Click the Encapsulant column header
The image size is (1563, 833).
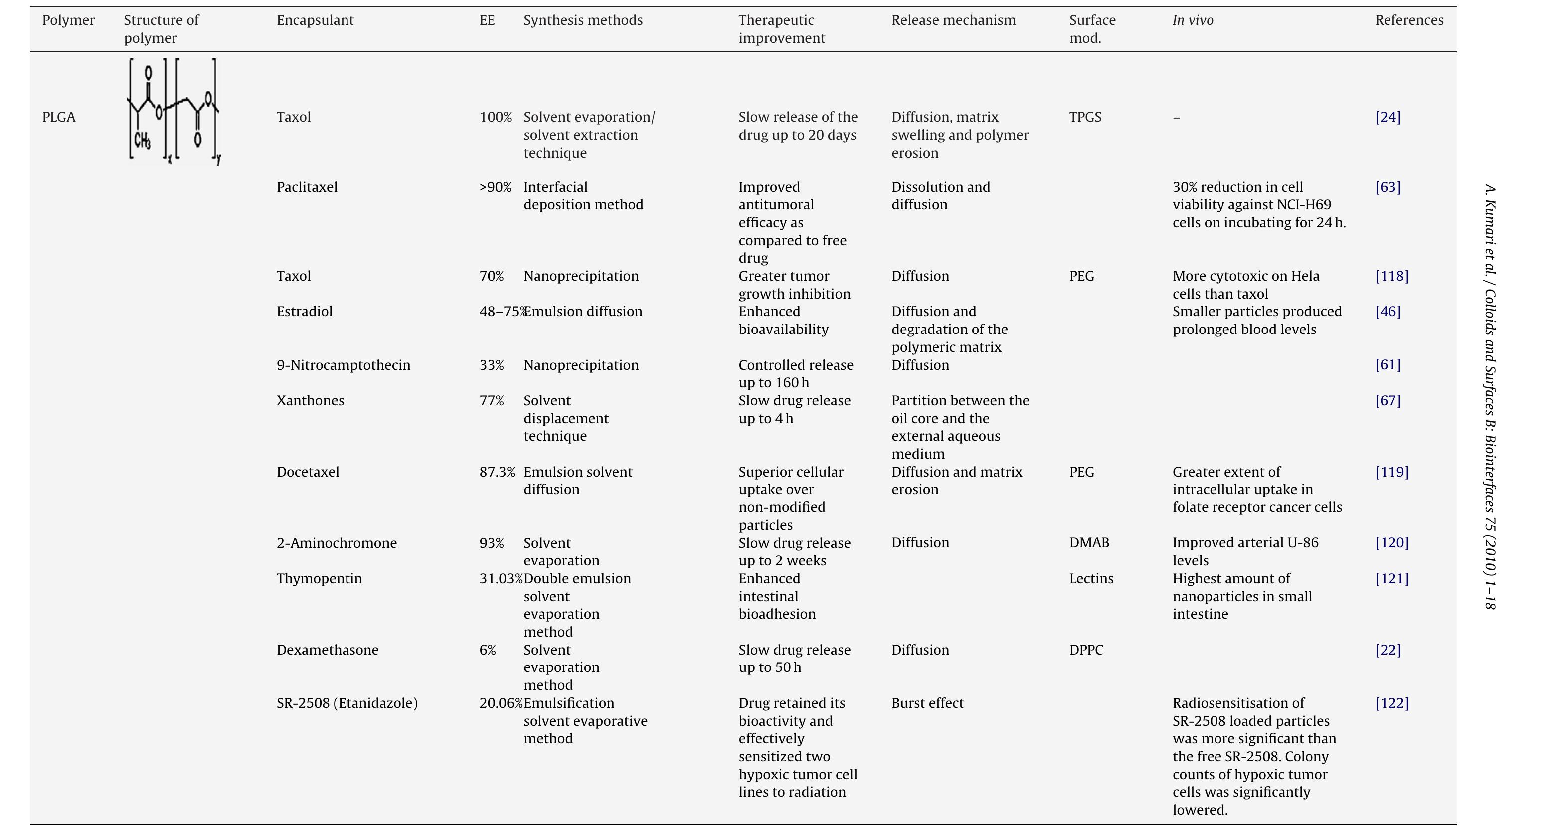point(315,20)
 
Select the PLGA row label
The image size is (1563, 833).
point(59,117)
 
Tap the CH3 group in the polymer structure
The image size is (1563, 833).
point(142,141)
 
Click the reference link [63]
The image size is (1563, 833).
point(1388,187)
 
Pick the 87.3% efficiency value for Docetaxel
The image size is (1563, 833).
point(497,472)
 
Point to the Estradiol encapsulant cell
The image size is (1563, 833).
point(305,311)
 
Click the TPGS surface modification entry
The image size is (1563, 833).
point(1085,117)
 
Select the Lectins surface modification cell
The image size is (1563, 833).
point(1091,578)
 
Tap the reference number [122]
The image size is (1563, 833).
point(1392,703)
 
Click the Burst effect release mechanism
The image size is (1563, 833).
point(927,703)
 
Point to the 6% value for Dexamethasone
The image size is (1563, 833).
point(487,650)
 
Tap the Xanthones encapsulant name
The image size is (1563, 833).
point(310,400)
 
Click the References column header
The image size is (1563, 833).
point(1409,20)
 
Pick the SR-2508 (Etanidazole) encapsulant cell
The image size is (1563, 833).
point(347,703)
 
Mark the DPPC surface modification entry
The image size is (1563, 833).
point(1086,650)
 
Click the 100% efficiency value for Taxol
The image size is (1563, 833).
point(495,117)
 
